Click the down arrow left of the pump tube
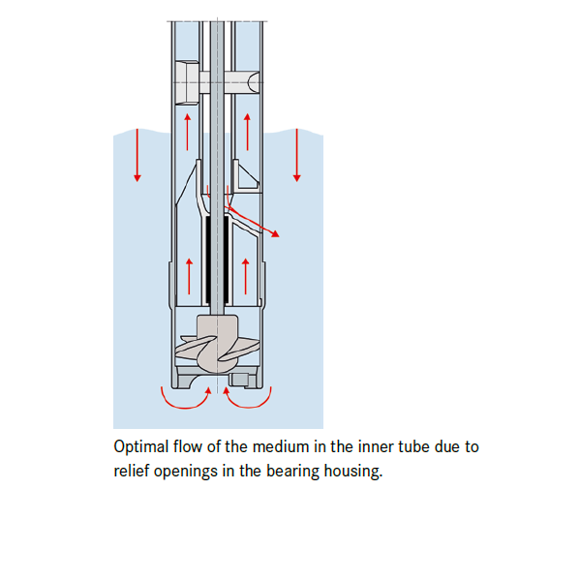tap(138, 155)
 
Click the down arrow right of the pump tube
tap(296, 155)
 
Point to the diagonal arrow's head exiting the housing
tap(277, 233)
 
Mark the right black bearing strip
tap(226, 259)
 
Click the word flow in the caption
tap(190, 447)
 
